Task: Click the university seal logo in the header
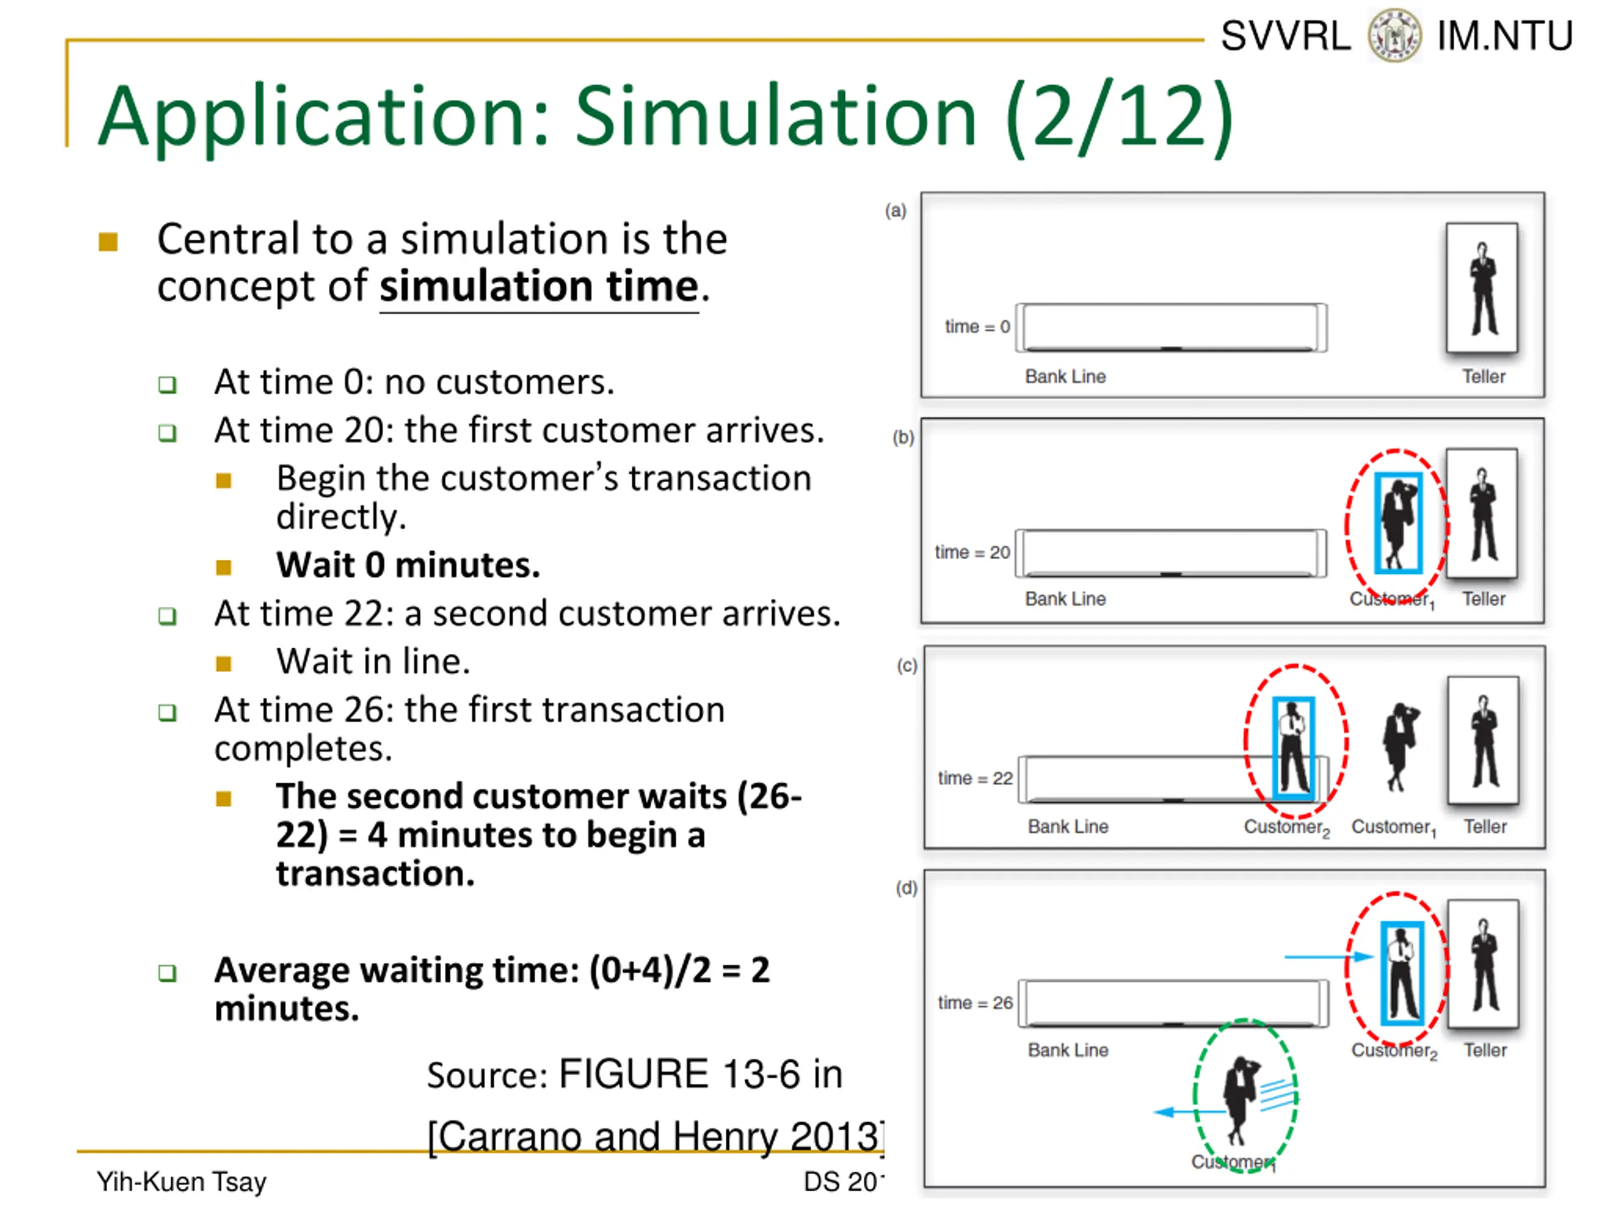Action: coord(1394,35)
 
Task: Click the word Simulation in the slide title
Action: coord(775,116)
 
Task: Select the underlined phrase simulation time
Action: coord(539,286)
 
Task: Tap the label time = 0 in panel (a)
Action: coord(977,327)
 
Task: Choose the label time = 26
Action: coord(974,1002)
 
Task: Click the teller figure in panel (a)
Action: coord(1482,287)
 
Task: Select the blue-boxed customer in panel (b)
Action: coord(1398,523)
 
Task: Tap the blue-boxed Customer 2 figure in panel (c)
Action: coord(1294,748)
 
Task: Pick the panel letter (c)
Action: coord(907,665)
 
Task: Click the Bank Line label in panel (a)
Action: coord(1065,376)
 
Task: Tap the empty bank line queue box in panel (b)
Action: coord(1171,554)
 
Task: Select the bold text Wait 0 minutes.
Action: coord(408,565)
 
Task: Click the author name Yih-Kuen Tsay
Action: coord(181,1181)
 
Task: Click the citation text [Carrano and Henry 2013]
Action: coord(655,1136)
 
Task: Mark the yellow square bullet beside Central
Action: coord(108,241)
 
